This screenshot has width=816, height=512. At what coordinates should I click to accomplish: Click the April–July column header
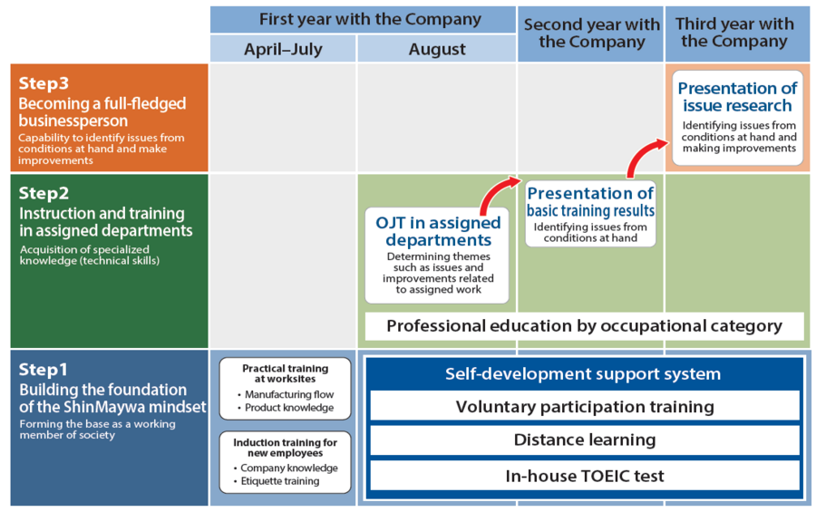(x=282, y=50)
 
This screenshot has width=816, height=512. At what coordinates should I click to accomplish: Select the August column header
(x=437, y=50)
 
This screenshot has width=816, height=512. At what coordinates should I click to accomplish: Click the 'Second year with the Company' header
(x=591, y=33)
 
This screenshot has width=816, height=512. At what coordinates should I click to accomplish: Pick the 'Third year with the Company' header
(x=735, y=33)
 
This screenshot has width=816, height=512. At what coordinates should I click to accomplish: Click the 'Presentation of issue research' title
(x=737, y=97)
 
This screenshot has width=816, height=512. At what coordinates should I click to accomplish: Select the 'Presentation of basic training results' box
(x=590, y=213)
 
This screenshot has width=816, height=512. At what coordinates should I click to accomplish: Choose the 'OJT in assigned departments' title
(x=438, y=231)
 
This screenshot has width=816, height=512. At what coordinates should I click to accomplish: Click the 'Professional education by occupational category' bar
(x=584, y=326)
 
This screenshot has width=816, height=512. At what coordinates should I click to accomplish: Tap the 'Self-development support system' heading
(x=583, y=373)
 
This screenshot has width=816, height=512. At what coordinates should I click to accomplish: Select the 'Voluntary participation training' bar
(x=584, y=407)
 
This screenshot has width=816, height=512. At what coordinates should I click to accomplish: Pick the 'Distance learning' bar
(x=584, y=440)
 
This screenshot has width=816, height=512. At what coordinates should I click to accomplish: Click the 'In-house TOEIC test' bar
(x=584, y=475)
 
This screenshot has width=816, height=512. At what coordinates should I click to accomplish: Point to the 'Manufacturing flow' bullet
(x=288, y=394)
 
